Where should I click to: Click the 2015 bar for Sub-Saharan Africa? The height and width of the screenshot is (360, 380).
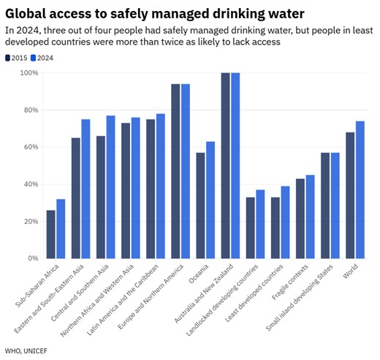[50, 234]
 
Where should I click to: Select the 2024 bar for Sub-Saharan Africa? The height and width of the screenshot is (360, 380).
[61, 228]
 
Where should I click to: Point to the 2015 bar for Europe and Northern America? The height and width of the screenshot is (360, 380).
[175, 171]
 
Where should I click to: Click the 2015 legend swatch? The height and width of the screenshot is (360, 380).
[8, 57]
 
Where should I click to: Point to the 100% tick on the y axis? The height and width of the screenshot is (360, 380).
[29, 73]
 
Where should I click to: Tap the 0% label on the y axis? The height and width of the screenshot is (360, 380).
[33, 258]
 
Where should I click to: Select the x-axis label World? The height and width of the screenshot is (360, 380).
[353, 274]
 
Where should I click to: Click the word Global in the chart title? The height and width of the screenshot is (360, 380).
[28, 13]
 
